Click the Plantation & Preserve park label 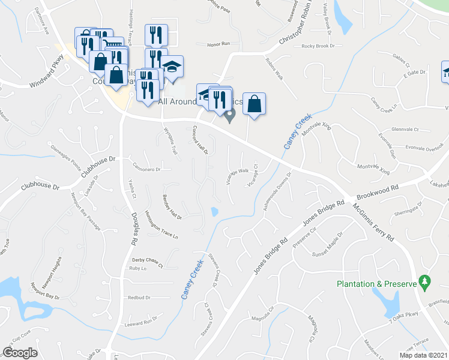pos(376,284)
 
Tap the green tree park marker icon pos(425,281)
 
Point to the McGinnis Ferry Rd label pos(373,221)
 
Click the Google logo pos(20,353)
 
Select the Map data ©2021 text pos(423,355)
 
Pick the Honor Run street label pos(218,44)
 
